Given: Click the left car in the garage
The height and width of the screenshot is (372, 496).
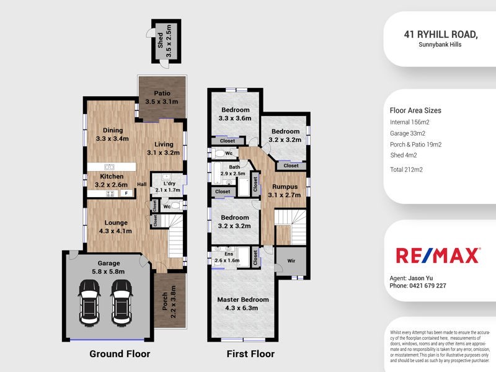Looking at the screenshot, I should (x=89, y=301).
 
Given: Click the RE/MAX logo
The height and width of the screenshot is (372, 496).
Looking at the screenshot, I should (x=438, y=255).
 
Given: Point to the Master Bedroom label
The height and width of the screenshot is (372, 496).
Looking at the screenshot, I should (x=243, y=304).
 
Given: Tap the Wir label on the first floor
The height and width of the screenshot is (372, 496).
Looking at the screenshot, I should (x=292, y=262).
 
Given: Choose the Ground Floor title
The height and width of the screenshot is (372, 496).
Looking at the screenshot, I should (x=120, y=354).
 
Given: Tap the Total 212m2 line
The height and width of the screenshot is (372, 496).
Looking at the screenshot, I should (x=407, y=169).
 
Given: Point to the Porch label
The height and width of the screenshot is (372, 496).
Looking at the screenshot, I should (x=169, y=303).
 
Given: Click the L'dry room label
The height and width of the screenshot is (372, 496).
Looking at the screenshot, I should (x=167, y=187).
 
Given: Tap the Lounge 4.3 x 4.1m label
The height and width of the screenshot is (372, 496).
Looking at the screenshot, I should (x=116, y=227).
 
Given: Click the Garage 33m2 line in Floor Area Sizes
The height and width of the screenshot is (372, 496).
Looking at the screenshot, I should (x=407, y=133).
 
